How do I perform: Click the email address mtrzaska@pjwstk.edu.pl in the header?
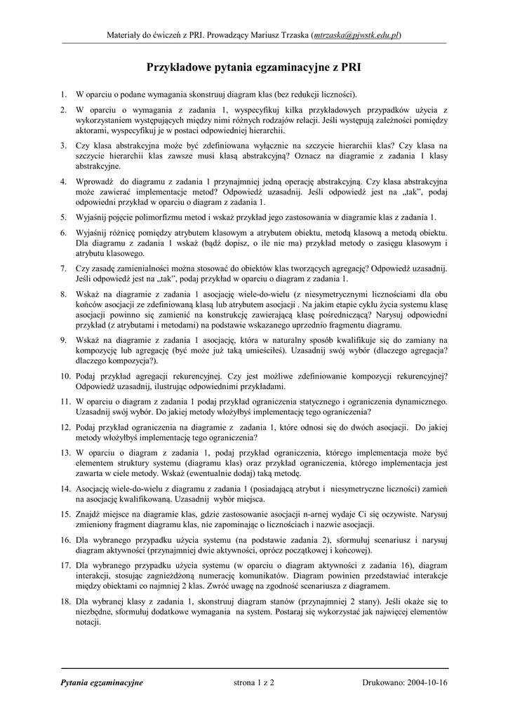click(356, 34)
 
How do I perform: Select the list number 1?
click(63, 94)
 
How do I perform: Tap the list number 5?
click(63, 217)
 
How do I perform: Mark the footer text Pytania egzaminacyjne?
click(102, 682)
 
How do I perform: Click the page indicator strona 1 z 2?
click(253, 682)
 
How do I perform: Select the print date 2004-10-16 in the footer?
click(427, 682)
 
